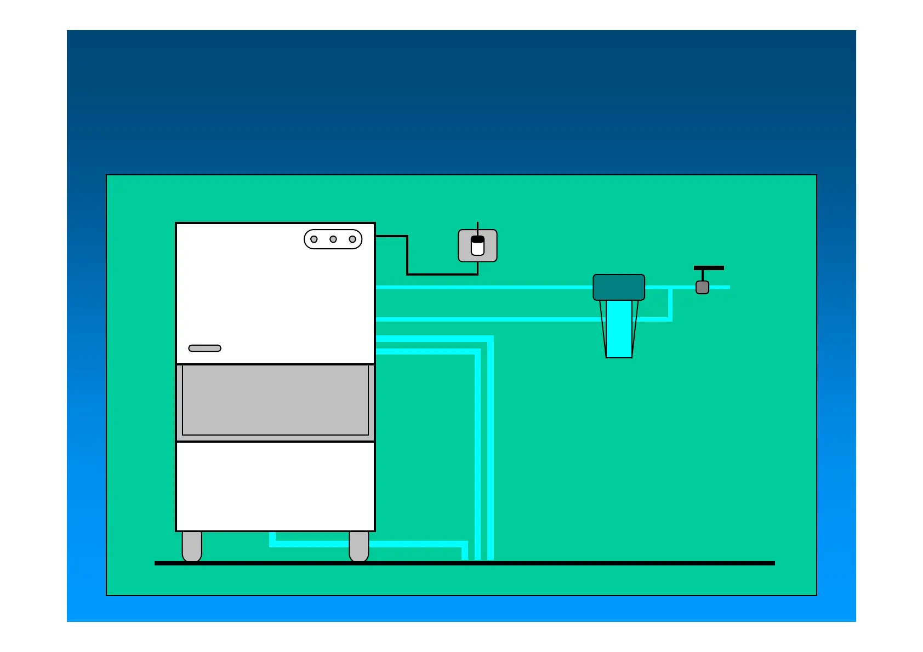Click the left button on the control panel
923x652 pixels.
(314, 239)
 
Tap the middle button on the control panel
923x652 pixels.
(333, 239)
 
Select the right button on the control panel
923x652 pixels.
(352, 239)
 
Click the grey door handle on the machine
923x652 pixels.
(204, 348)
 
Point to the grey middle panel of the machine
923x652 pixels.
(275, 401)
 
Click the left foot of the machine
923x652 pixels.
(192, 546)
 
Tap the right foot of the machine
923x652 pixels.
(359, 546)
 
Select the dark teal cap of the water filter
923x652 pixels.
(619, 287)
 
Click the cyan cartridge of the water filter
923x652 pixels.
(619, 329)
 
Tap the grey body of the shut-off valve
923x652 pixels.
(702, 288)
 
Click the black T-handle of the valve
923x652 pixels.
(709, 268)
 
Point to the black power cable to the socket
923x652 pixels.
(407, 258)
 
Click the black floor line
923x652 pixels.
(603, 563)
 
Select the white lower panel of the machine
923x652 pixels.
(275, 486)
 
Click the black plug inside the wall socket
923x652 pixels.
(477, 239)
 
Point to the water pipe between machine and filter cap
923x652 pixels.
(482, 287)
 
